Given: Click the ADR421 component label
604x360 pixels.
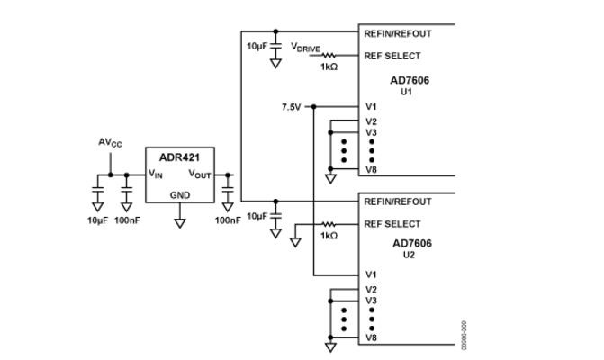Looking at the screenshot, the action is [179, 157].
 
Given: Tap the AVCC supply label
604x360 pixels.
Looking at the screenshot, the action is [110, 143].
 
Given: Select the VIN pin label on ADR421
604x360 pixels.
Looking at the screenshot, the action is [156, 174].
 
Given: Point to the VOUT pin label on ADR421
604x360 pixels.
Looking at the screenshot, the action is [200, 174].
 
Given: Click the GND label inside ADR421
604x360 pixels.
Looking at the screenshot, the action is [180, 195].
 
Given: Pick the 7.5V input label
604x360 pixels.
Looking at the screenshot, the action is [292, 107].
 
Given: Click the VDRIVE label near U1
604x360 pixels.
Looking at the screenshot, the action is [305, 48].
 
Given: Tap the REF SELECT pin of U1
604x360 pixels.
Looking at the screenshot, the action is [392, 56].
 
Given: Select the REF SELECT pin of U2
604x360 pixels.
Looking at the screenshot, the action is [392, 224].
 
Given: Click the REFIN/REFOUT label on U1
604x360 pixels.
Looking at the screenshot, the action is [398, 34].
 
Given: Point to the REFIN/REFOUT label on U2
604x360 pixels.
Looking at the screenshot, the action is [398, 202].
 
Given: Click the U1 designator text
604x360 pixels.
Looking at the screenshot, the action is [406, 92].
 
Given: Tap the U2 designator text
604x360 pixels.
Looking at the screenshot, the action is [409, 255].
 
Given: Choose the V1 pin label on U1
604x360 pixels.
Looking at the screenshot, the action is [371, 107].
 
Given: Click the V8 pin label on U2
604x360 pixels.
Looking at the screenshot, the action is [371, 337].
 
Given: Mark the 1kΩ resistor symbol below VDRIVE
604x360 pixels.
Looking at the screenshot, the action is [329, 56].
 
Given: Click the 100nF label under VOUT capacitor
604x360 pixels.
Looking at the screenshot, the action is [228, 220].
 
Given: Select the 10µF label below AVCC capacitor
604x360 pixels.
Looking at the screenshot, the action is [97, 220].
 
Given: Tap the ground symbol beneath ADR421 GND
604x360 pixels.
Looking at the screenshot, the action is [180, 223].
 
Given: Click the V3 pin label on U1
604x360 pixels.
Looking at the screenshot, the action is [371, 132].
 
